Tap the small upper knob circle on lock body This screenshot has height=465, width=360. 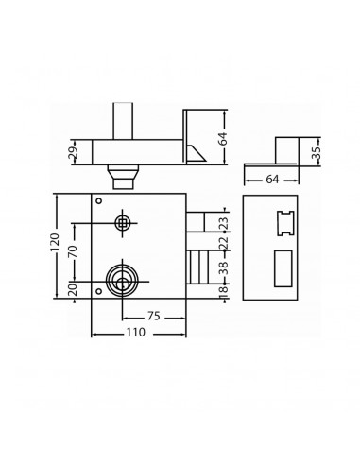click(x=122, y=223)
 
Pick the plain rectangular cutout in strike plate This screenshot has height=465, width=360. click(x=283, y=267)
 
